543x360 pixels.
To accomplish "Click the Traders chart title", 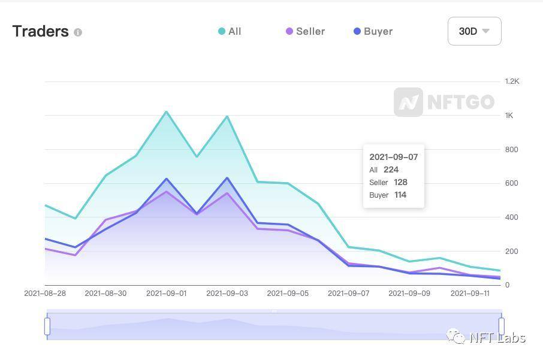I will tap(40, 31).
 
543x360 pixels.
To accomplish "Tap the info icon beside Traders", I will tap(78, 32).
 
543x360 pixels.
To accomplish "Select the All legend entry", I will tap(230, 31).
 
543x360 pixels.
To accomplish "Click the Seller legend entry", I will tap(306, 31).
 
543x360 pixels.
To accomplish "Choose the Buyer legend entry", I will tap(373, 31).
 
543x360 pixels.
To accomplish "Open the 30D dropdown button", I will tap(474, 31).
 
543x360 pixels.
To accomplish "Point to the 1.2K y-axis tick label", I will tap(511, 81).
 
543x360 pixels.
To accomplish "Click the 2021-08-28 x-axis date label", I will tap(45, 294).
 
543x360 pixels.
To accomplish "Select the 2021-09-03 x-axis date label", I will tap(227, 294).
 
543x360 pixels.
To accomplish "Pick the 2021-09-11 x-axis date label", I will tap(470, 294).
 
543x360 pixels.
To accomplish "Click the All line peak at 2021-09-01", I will tap(166, 111).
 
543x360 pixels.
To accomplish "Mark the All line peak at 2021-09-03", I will tap(227, 116).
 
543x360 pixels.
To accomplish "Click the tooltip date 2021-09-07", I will tap(393, 157).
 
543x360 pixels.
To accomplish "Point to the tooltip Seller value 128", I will tap(400, 182).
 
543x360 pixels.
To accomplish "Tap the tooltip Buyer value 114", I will tap(400, 195).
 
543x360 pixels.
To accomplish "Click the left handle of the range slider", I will tap(47, 326).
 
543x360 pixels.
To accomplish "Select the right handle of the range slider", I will tap(502, 326).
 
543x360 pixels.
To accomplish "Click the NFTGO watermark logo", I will tap(444, 102).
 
